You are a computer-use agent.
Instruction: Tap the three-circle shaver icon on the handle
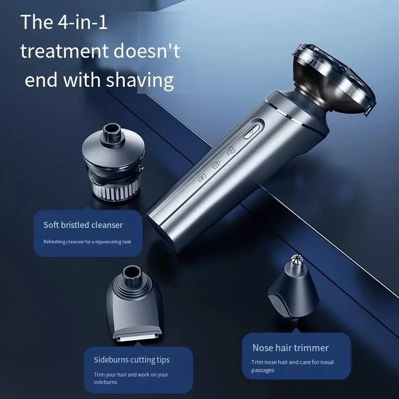point(231,151)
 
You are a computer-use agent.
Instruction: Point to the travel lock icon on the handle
point(216,165)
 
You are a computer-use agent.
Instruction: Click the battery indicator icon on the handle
point(202,178)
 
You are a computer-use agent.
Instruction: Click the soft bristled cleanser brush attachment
point(114,161)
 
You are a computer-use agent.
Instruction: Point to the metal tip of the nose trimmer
point(296,259)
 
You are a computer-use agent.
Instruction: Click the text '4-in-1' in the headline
point(83,22)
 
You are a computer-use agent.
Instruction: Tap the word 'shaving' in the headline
point(140,80)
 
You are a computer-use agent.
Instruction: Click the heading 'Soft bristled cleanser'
point(83,225)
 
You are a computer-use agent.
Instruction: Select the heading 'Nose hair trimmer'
point(291,348)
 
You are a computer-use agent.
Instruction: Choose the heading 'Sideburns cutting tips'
point(132,360)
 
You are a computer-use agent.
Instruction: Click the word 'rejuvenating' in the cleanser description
point(108,242)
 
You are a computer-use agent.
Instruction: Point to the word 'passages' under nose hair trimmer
point(263,370)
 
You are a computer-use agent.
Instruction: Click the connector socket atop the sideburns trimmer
point(132,273)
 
